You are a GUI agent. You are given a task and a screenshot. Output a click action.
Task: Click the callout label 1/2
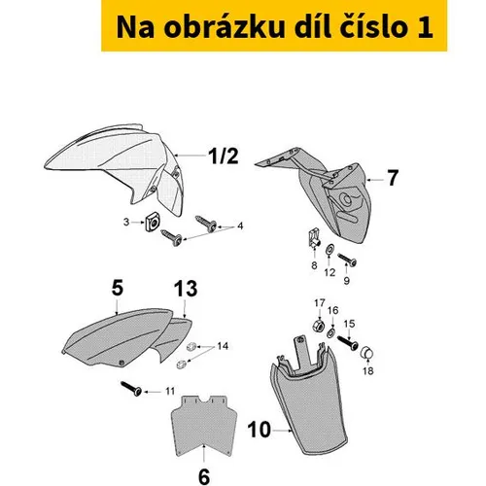coord(224,156)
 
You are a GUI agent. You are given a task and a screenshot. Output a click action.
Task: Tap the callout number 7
coord(393,178)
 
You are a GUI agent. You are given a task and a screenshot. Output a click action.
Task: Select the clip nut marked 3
coord(153,223)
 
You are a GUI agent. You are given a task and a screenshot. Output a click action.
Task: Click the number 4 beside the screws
coord(240,226)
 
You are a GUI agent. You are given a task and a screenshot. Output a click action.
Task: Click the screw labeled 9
coord(347,260)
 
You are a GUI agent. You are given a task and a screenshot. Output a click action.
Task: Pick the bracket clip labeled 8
coord(314,238)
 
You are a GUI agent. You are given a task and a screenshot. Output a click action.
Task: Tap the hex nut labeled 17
coord(319,325)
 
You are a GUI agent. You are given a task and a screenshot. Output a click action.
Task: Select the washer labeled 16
coord(331,332)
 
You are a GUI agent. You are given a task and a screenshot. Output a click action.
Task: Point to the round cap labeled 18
coord(367,353)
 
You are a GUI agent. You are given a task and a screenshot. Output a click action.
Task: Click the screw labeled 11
coord(131,388)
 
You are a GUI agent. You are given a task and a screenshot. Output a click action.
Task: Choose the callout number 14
coord(223,346)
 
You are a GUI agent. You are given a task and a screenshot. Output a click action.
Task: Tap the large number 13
coord(186,289)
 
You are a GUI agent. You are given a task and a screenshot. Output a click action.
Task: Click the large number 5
coord(118,288)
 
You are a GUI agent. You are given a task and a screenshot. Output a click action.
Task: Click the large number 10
coord(259,430)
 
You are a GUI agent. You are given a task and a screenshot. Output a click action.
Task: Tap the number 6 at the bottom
coord(204,476)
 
